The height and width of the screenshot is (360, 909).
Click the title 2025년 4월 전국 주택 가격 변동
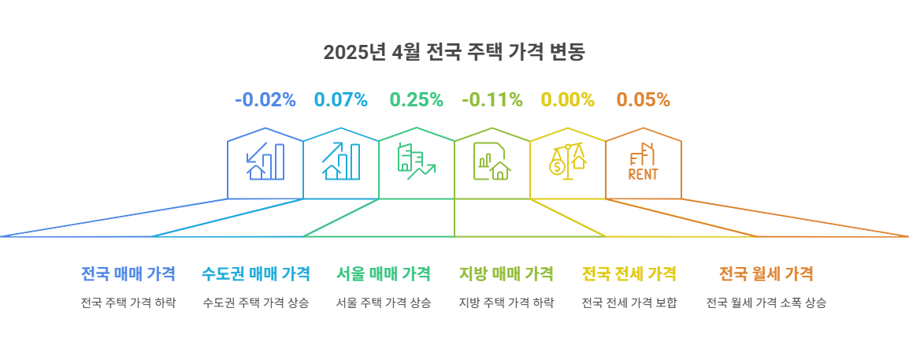454,52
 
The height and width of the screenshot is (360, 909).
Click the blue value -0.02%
265,100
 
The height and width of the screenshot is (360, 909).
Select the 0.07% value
341,100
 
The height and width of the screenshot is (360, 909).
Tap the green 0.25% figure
417,100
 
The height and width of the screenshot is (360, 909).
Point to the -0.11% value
492,100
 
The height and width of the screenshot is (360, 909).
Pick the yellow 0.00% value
567,100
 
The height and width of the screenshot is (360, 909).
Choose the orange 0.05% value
643,100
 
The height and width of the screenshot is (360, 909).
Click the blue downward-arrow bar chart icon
265,161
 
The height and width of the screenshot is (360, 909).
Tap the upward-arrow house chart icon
341,161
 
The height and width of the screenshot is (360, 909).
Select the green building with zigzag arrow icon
417,161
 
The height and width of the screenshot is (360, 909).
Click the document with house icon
492,161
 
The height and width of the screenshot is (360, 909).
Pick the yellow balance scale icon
567,161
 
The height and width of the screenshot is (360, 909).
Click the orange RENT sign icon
643,161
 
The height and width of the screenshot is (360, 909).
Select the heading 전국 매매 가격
128,274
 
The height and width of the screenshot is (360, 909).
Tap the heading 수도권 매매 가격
256,274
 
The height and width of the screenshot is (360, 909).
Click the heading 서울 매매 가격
384,274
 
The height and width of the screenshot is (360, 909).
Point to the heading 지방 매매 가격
506,274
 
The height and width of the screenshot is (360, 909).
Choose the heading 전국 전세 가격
629,274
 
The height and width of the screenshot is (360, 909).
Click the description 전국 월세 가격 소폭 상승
766,303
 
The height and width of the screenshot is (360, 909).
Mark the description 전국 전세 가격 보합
629,303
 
